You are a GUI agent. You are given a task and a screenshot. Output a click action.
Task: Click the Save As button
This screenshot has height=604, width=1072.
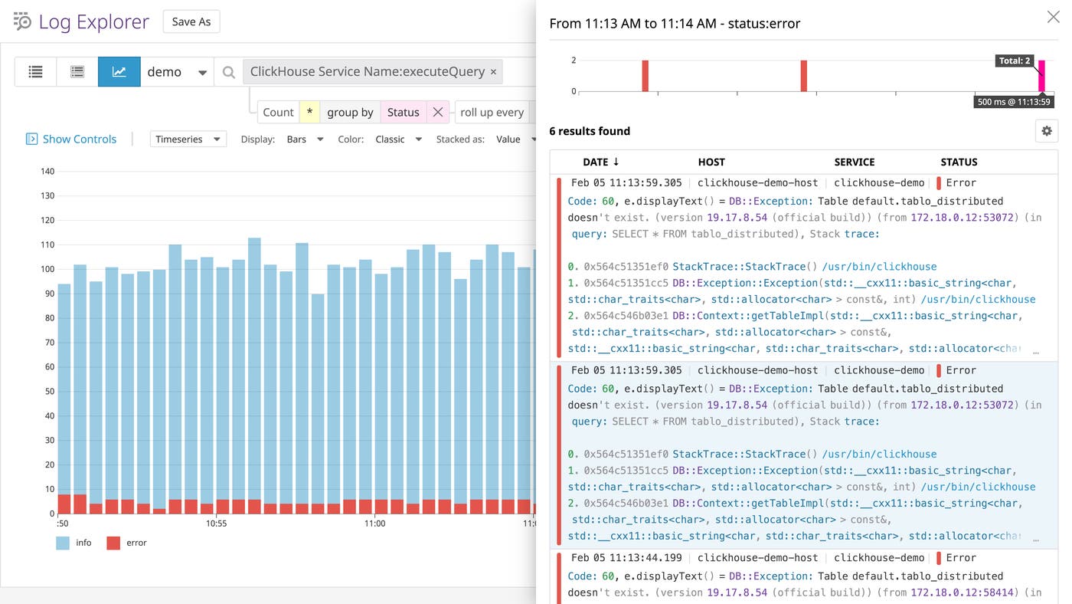tap(191, 21)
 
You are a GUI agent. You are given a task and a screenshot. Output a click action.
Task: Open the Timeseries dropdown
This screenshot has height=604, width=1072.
tap(188, 139)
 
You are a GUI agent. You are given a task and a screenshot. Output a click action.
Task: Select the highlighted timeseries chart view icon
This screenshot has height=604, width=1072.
tap(119, 71)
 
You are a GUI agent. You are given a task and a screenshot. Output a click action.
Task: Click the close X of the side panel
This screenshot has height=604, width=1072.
tap(1053, 17)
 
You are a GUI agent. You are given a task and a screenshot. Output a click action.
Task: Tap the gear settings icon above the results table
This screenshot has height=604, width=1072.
tap(1046, 131)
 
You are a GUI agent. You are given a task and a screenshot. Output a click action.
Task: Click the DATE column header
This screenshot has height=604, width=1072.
tap(600, 162)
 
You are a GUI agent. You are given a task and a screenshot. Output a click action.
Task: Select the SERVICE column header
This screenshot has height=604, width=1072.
tap(854, 162)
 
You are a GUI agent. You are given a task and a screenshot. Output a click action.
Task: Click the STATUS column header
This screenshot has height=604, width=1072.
tap(959, 162)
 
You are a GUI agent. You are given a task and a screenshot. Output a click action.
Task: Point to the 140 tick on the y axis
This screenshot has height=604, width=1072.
tap(47, 171)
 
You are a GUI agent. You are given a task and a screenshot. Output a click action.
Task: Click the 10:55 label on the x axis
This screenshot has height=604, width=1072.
tap(217, 524)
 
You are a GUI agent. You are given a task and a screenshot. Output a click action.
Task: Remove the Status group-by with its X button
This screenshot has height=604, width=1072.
tap(437, 112)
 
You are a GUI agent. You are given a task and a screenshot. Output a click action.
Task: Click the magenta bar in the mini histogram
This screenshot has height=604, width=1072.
tap(1041, 77)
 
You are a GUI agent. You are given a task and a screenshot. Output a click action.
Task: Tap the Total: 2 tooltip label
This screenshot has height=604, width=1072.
tap(1015, 61)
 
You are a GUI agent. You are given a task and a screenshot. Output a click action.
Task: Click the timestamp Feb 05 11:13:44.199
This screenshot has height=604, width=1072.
tap(626, 557)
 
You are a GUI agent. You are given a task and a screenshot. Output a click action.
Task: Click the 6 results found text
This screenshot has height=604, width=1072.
tap(590, 131)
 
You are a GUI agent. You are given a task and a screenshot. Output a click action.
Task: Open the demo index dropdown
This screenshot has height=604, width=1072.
tap(177, 71)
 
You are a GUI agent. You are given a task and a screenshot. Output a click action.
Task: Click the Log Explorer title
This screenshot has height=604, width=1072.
tap(93, 21)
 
